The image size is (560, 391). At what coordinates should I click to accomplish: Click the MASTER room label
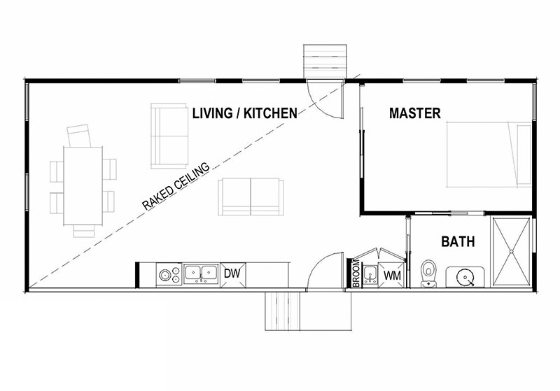point(414,113)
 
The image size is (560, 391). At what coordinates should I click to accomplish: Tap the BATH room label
point(458,241)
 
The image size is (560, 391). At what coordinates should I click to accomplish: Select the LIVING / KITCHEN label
point(244,113)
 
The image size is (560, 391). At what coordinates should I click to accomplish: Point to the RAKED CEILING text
point(176,186)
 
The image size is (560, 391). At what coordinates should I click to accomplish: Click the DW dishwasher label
point(232,273)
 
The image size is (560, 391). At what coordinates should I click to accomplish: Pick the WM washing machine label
point(392,276)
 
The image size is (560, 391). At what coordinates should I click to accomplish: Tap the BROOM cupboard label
point(356,273)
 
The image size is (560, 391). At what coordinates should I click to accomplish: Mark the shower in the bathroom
point(511,252)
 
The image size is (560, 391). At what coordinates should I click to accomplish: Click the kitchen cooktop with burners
point(169,274)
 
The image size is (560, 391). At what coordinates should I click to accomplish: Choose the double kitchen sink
point(202,274)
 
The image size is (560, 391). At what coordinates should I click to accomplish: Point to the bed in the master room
point(489,155)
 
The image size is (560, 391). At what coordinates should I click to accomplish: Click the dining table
point(83,185)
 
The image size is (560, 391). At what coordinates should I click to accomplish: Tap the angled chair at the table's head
point(79,136)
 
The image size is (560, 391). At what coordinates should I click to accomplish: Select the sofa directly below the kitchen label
point(251,197)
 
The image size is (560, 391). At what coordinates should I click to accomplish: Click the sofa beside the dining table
point(169,136)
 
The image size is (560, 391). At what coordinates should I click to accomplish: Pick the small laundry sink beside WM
point(370,275)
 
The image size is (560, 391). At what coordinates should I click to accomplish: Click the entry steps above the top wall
point(325,61)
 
